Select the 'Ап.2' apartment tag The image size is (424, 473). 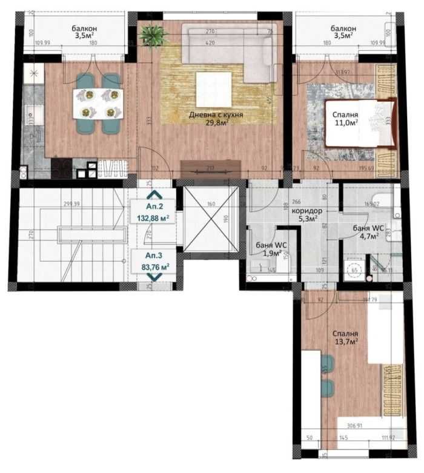[x=155, y=206]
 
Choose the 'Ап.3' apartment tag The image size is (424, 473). [x=155, y=256]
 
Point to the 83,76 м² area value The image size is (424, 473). [x=155, y=266]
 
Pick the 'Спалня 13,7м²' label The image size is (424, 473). [x=345, y=337]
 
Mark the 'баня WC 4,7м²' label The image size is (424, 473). [x=368, y=231]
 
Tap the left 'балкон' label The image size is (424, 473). [x=83, y=32]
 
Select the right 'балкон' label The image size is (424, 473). [x=343, y=32]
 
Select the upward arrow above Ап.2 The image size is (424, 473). [x=155, y=195]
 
